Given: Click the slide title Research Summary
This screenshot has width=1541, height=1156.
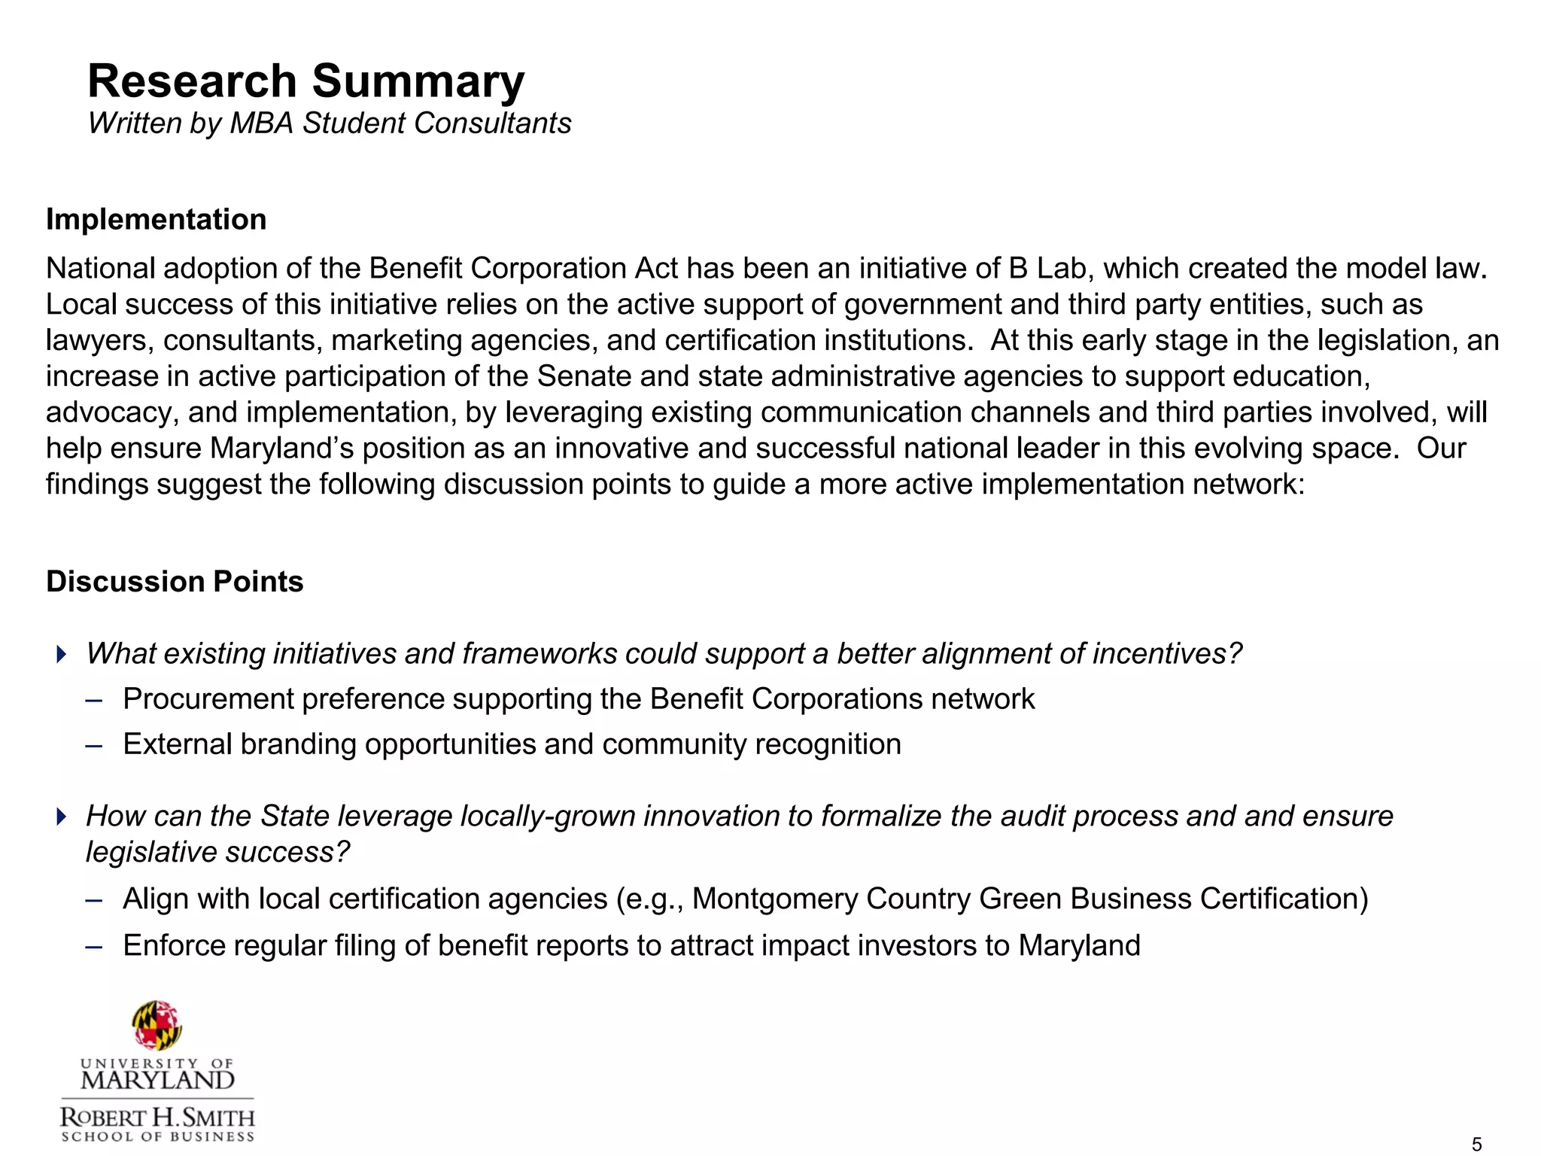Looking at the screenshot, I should tap(305, 81).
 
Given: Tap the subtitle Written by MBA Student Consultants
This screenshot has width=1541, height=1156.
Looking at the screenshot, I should tap(329, 123).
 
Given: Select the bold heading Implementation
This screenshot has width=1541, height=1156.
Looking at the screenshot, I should tap(156, 220).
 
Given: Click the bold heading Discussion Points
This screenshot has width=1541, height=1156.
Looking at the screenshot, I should tap(175, 582).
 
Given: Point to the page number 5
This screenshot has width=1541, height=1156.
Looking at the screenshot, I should tap(1476, 1145).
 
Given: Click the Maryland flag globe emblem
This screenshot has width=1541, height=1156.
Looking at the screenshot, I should tap(157, 1025).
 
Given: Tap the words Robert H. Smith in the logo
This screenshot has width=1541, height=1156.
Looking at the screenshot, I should tap(157, 1117).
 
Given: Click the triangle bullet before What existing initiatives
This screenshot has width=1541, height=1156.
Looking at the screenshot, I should tap(62, 653).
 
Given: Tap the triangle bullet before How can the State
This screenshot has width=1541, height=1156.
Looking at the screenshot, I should tap(62, 816).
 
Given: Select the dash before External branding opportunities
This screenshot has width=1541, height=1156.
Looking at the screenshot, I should tap(94, 745).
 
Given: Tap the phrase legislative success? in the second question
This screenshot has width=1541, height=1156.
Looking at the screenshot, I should tap(218, 853).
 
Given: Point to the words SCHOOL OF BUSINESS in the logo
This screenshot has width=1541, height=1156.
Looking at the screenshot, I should tap(157, 1136).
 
